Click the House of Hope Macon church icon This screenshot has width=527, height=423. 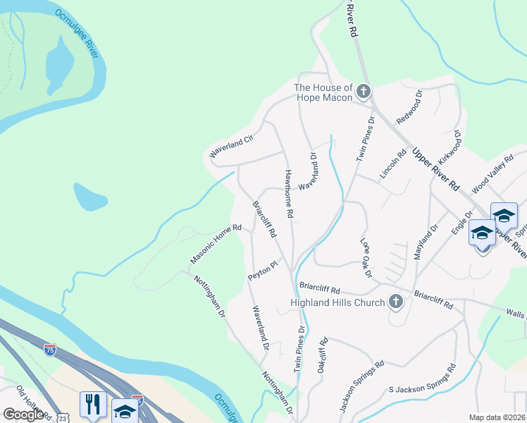[x=364, y=92]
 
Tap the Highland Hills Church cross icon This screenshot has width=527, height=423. [x=396, y=302]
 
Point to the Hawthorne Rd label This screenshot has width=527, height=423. [x=288, y=192]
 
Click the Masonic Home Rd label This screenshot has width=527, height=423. [x=216, y=245]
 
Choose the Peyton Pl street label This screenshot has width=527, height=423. [x=263, y=271]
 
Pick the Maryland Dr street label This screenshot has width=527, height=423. [x=426, y=242]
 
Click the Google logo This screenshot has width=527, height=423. [x=23, y=414]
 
